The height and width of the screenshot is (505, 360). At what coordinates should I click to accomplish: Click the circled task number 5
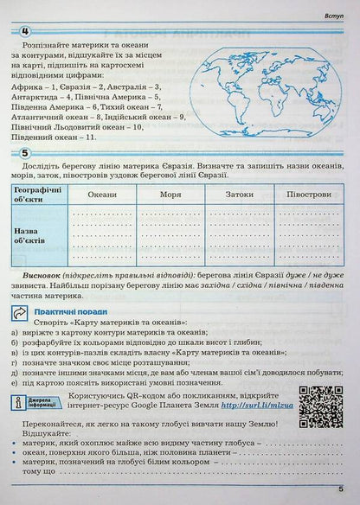click(15, 157)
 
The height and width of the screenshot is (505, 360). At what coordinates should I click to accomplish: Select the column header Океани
click(101, 195)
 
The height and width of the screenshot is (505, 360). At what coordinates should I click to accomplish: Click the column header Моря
click(170, 195)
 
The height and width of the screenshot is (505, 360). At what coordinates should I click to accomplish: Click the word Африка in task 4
click(27, 86)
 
